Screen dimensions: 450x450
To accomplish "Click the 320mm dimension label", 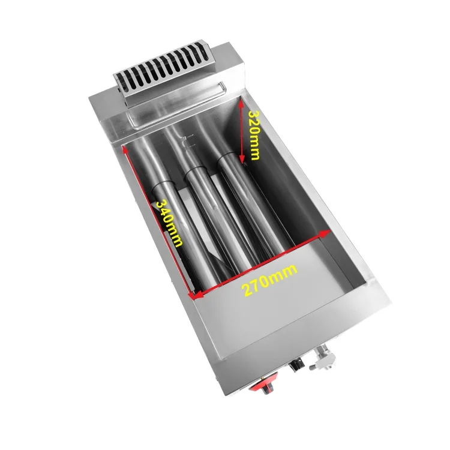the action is pos(254,135).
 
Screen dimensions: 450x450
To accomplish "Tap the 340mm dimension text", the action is pos(169,223).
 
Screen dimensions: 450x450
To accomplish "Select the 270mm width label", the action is pos(269,280).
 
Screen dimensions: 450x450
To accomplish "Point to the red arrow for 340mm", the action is pos(157,222).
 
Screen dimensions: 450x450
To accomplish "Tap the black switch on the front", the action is pos(296,364).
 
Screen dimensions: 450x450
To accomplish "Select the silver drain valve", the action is pos(322,358).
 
